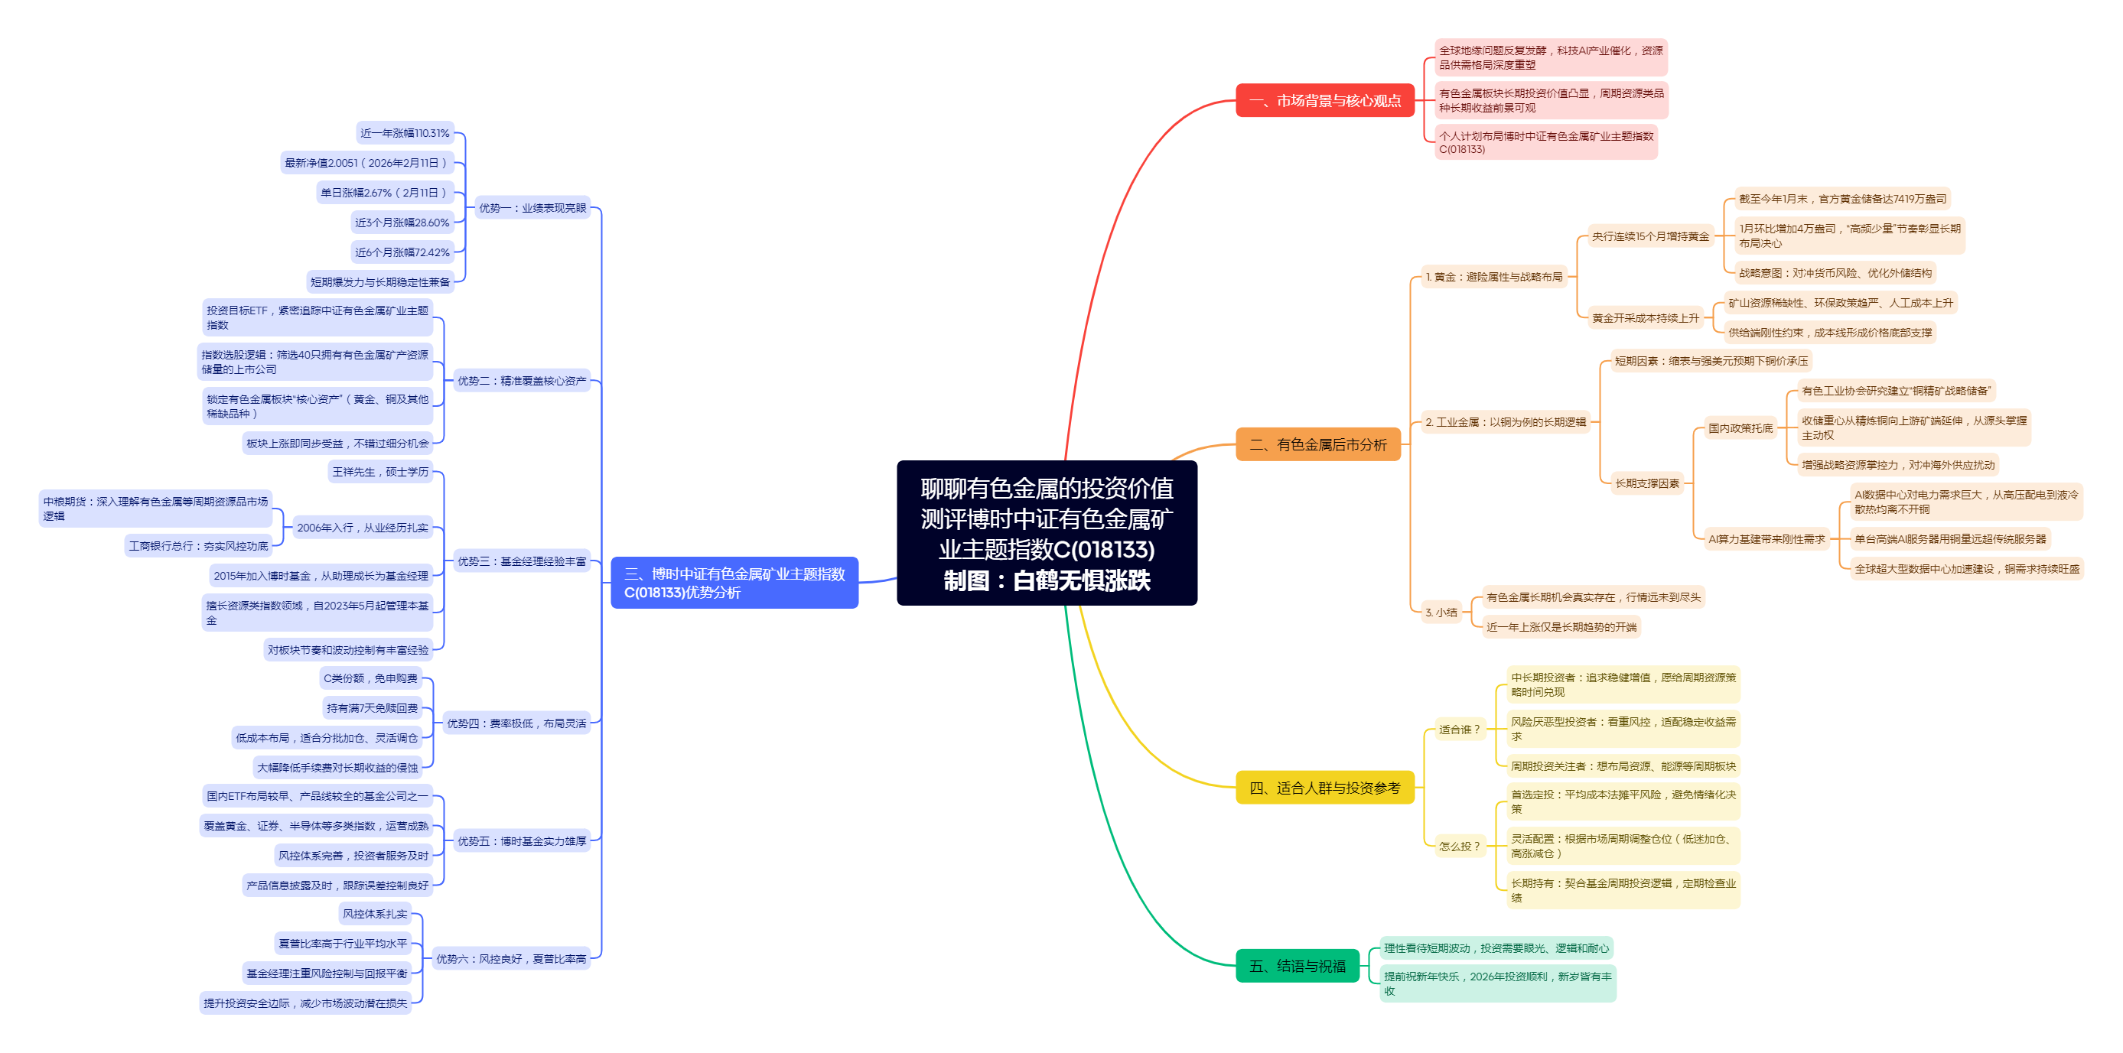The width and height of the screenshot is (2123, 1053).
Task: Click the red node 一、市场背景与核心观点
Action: (x=1324, y=100)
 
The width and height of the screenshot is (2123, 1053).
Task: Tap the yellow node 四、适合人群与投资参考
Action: (x=1324, y=788)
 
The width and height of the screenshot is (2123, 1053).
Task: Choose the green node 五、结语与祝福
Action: (x=1297, y=966)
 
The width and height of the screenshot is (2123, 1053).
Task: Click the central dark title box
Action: (x=1047, y=533)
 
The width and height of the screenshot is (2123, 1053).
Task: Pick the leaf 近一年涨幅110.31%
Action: (x=405, y=132)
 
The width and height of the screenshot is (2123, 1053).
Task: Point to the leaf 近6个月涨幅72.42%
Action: (x=402, y=252)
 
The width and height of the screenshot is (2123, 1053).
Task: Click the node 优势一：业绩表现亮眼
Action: (x=532, y=208)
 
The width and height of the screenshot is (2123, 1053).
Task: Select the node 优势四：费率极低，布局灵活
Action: (x=516, y=723)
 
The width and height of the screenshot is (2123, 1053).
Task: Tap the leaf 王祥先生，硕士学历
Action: (x=380, y=471)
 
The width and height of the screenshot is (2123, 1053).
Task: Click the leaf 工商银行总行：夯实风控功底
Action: (x=199, y=545)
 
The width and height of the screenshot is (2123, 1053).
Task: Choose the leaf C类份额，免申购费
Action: (x=370, y=678)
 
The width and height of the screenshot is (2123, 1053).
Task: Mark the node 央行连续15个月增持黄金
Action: (x=1650, y=236)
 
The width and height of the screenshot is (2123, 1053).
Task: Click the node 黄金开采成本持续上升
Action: (x=1645, y=318)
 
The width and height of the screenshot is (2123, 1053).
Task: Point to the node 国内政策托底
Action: (x=1740, y=428)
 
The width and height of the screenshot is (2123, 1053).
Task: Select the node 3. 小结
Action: (x=1441, y=613)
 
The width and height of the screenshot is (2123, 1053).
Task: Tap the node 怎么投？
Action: (x=1459, y=847)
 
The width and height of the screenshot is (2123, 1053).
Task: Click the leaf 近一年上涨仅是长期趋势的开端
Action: (x=1561, y=627)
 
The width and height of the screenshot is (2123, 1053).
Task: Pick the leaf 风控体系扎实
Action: (x=375, y=914)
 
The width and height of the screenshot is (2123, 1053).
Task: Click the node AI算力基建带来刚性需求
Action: (x=1766, y=539)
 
